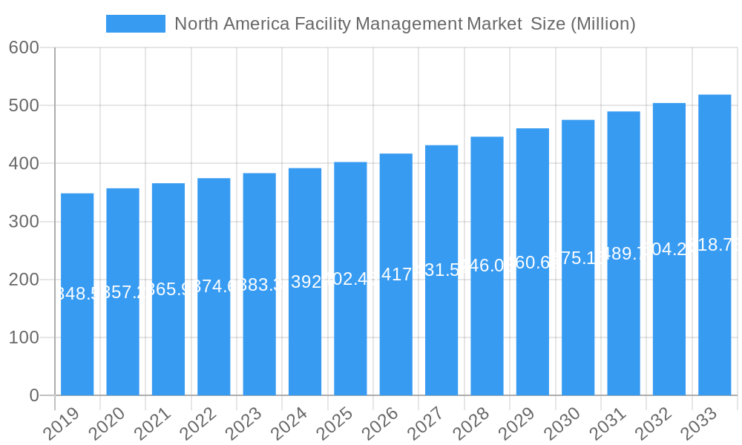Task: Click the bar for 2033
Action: (715, 245)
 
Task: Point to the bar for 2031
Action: (623, 253)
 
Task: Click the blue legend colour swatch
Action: (136, 24)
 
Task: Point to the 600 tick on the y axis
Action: (24, 47)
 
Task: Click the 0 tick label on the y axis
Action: (34, 396)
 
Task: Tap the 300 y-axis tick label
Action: (24, 222)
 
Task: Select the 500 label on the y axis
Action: (24, 105)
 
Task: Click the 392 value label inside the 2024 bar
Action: (305, 282)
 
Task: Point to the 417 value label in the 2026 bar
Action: (396, 274)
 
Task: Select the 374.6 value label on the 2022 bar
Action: (214, 286)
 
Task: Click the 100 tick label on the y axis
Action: (24, 337)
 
